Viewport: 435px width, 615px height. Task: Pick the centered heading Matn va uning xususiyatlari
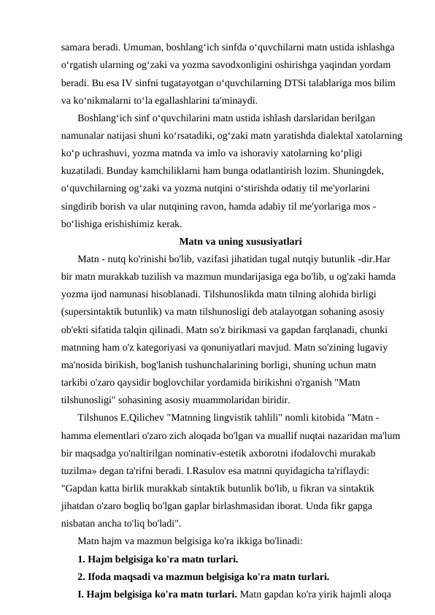pyautogui.click(x=240, y=242)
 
